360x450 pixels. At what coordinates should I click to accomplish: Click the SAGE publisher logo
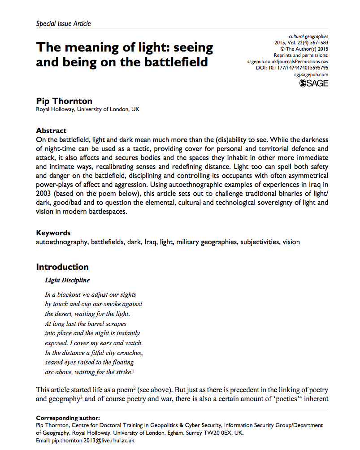click(x=314, y=83)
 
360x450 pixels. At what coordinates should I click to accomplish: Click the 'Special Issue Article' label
click(x=63, y=24)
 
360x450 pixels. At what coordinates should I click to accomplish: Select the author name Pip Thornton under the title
click(x=65, y=100)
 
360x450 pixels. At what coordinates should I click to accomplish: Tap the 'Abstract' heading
click(x=51, y=131)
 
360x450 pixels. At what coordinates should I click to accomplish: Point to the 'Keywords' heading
click(x=53, y=233)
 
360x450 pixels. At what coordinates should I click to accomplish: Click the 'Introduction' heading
click(x=62, y=267)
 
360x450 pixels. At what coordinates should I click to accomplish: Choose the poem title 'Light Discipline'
click(x=67, y=281)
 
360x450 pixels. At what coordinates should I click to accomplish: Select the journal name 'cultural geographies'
click(x=308, y=36)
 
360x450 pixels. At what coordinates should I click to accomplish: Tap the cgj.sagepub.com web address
click(x=311, y=74)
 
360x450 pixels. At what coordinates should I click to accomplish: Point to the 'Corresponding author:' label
click(x=68, y=418)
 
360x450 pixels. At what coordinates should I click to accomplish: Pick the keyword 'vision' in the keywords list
click(x=291, y=242)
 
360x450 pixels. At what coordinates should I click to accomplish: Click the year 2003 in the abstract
click(x=45, y=194)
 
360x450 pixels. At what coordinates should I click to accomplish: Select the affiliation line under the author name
click(x=87, y=110)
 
